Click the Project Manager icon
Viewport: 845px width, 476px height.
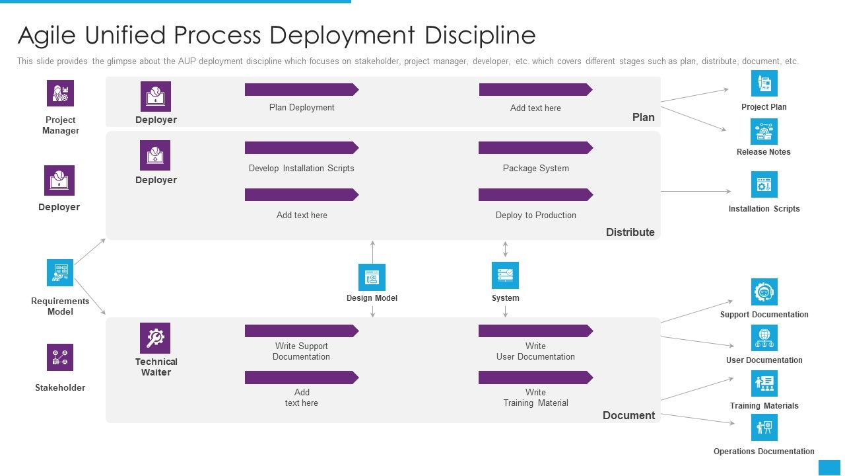[x=60, y=93]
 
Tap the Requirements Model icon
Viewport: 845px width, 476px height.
[x=60, y=272]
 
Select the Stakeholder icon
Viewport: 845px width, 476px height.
[x=60, y=357]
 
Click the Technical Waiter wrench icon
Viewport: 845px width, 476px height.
[x=155, y=338]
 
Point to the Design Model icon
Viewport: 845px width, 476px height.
[x=372, y=277]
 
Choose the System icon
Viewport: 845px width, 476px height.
[x=505, y=276]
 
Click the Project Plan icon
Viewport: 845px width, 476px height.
[x=764, y=83]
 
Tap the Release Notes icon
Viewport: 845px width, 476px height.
[x=764, y=132]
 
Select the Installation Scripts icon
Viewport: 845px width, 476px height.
[x=764, y=185]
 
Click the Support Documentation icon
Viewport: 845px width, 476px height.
[x=764, y=292]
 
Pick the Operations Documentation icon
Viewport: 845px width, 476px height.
[x=764, y=428]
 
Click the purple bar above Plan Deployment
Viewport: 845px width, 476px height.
[x=301, y=89]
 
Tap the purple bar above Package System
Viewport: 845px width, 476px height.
[x=535, y=147]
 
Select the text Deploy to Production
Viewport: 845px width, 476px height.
[x=535, y=215]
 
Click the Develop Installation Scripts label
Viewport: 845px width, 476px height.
[x=301, y=168]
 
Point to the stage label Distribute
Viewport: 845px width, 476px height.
[x=630, y=232]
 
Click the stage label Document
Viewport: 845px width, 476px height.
[x=628, y=415]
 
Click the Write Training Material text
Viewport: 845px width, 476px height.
[x=535, y=397]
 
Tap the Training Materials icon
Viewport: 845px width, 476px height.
[x=764, y=383]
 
